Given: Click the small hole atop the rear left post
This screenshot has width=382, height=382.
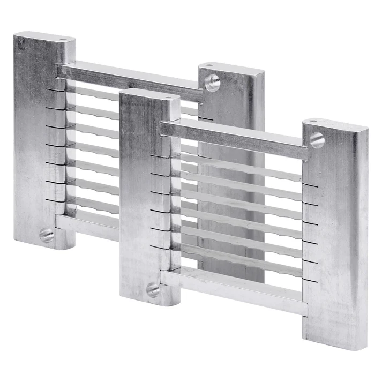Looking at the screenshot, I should tap(63, 39).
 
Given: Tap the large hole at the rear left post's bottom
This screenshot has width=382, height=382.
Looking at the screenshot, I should tap(47, 235).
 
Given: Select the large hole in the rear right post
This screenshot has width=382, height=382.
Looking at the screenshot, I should tap(212, 82).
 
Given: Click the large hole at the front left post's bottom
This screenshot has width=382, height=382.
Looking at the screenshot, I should tap(153, 290).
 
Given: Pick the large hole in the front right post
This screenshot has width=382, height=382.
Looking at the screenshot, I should tap(317, 140).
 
